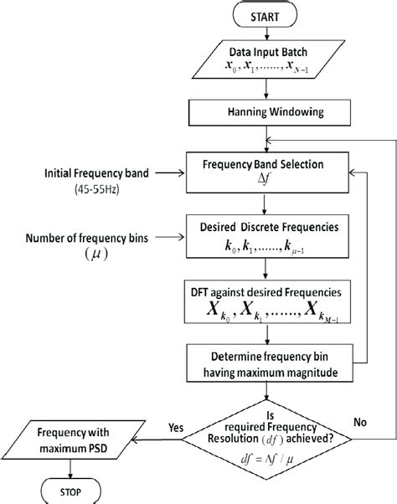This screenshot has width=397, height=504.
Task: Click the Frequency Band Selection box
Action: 265,171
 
